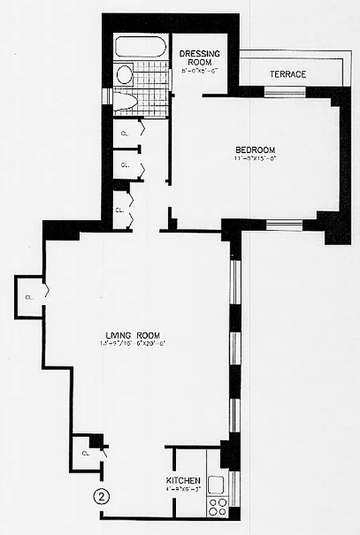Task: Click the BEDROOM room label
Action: [x=255, y=150]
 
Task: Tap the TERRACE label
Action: [x=288, y=74]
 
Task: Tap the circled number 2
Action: [x=101, y=496]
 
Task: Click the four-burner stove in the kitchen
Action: [x=217, y=506]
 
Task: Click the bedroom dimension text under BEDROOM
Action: [x=255, y=159]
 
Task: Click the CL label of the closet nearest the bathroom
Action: [x=124, y=134]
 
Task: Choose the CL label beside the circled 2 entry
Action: [x=86, y=453]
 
